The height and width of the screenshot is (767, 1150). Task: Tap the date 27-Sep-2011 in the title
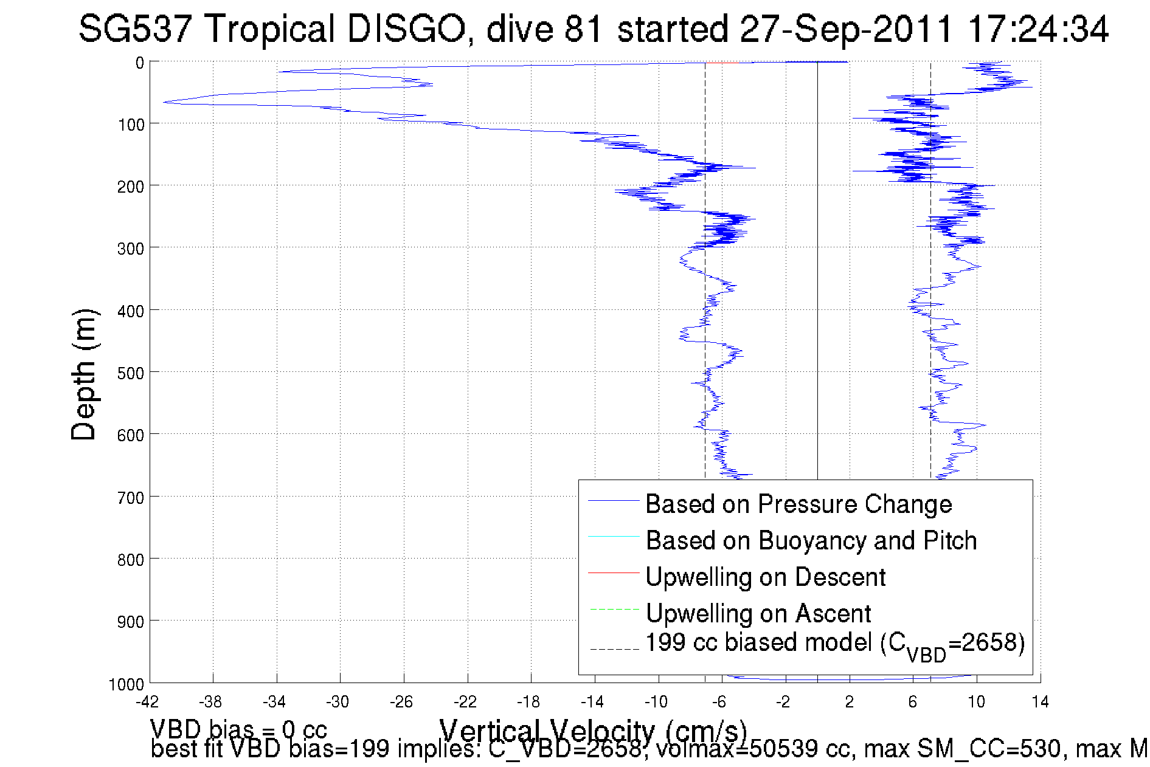tap(846, 29)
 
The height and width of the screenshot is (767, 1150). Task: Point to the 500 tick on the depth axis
tap(131, 373)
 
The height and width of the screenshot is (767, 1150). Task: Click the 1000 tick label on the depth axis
tap(126, 685)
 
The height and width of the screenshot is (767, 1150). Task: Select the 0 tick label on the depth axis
tap(140, 63)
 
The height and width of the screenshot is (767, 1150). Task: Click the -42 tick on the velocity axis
tap(147, 702)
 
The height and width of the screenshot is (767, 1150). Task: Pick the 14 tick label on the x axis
tap(1040, 702)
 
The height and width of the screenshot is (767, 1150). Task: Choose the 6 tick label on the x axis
tap(912, 702)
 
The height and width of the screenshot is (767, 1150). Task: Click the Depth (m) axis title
tap(84, 374)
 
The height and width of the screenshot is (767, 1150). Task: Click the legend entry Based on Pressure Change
tap(798, 504)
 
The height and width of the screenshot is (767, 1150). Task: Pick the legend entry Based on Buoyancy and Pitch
tap(811, 540)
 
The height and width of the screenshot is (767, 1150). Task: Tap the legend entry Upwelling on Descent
tap(765, 577)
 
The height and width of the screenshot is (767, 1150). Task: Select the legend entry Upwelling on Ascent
tap(758, 613)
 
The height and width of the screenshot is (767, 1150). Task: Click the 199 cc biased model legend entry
tap(834, 644)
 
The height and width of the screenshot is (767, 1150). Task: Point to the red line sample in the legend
tap(614, 573)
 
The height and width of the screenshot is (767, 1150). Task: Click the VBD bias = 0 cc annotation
tap(238, 729)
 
